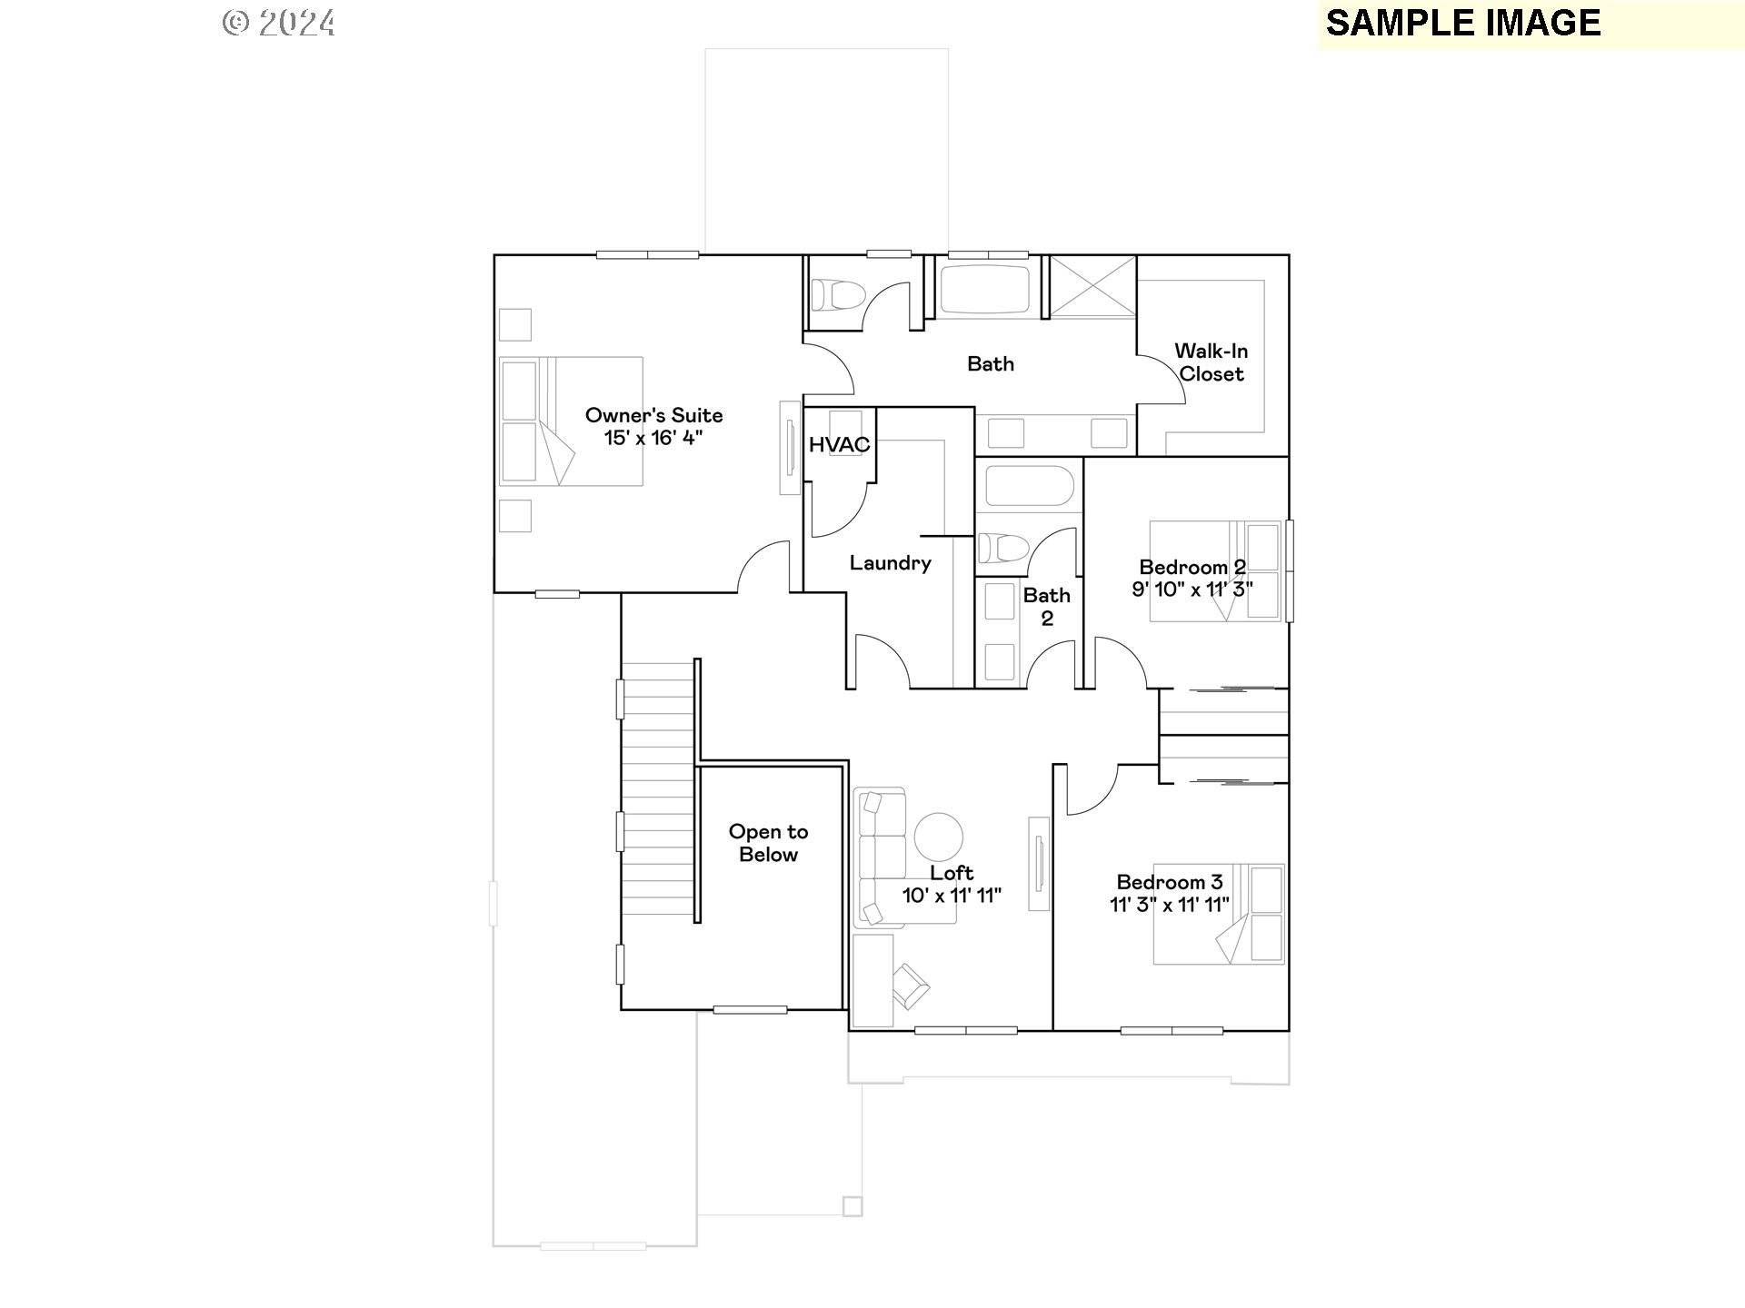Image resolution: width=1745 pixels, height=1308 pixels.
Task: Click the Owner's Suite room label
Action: click(653, 416)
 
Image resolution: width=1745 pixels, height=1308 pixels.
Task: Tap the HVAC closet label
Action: click(839, 445)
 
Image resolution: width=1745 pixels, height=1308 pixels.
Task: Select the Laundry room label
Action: click(890, 563)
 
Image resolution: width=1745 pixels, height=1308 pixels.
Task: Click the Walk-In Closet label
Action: click(1211, 362)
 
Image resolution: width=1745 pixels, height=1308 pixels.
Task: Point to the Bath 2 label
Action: click(1046, 607)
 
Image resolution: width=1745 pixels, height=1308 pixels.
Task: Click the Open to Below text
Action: click(768, 843)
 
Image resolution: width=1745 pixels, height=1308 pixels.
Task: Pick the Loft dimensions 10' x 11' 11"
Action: click(951, 896)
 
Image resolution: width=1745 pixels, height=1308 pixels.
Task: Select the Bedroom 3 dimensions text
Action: click(1169, 905)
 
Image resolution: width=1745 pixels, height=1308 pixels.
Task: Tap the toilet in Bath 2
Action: click(1002, 549)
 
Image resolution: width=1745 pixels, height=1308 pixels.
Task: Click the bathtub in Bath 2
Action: click(1029, 487)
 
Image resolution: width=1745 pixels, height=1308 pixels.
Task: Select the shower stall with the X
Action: click(1092, 286)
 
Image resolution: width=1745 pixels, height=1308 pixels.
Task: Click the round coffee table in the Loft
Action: click(938, 837)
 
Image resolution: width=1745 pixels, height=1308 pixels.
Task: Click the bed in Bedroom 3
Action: click(1218, 914)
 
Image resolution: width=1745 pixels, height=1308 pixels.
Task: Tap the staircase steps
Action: click(658, 790)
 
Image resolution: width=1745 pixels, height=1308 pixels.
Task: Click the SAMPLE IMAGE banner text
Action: click(1462, 24)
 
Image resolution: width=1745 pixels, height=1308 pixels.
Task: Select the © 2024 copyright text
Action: click(279, 23)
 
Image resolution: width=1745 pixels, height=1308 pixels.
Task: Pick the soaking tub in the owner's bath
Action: click(984, 290)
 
